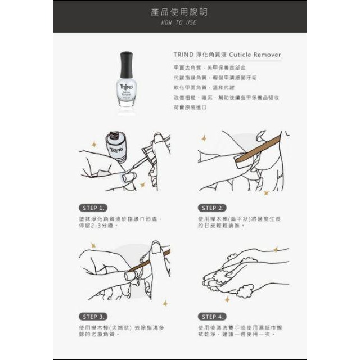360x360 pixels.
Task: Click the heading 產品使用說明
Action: click(x=179, y=12)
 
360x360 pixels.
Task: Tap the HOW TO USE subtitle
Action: click(x=179, y=22)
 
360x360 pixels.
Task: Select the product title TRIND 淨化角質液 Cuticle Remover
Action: click(x=227, y=55)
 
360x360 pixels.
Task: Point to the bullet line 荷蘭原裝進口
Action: click(x=191, y=107)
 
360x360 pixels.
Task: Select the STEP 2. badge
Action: click(x=211, y=208)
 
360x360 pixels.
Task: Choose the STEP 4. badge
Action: click(x=211, y=316)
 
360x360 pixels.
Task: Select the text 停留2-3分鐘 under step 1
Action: click(x=98, y=226)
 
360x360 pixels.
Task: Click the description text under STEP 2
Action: click(x=239, y=222)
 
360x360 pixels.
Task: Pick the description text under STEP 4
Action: click(x=239, y=330)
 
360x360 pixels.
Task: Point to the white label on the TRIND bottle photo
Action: click(x=127, y=89)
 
